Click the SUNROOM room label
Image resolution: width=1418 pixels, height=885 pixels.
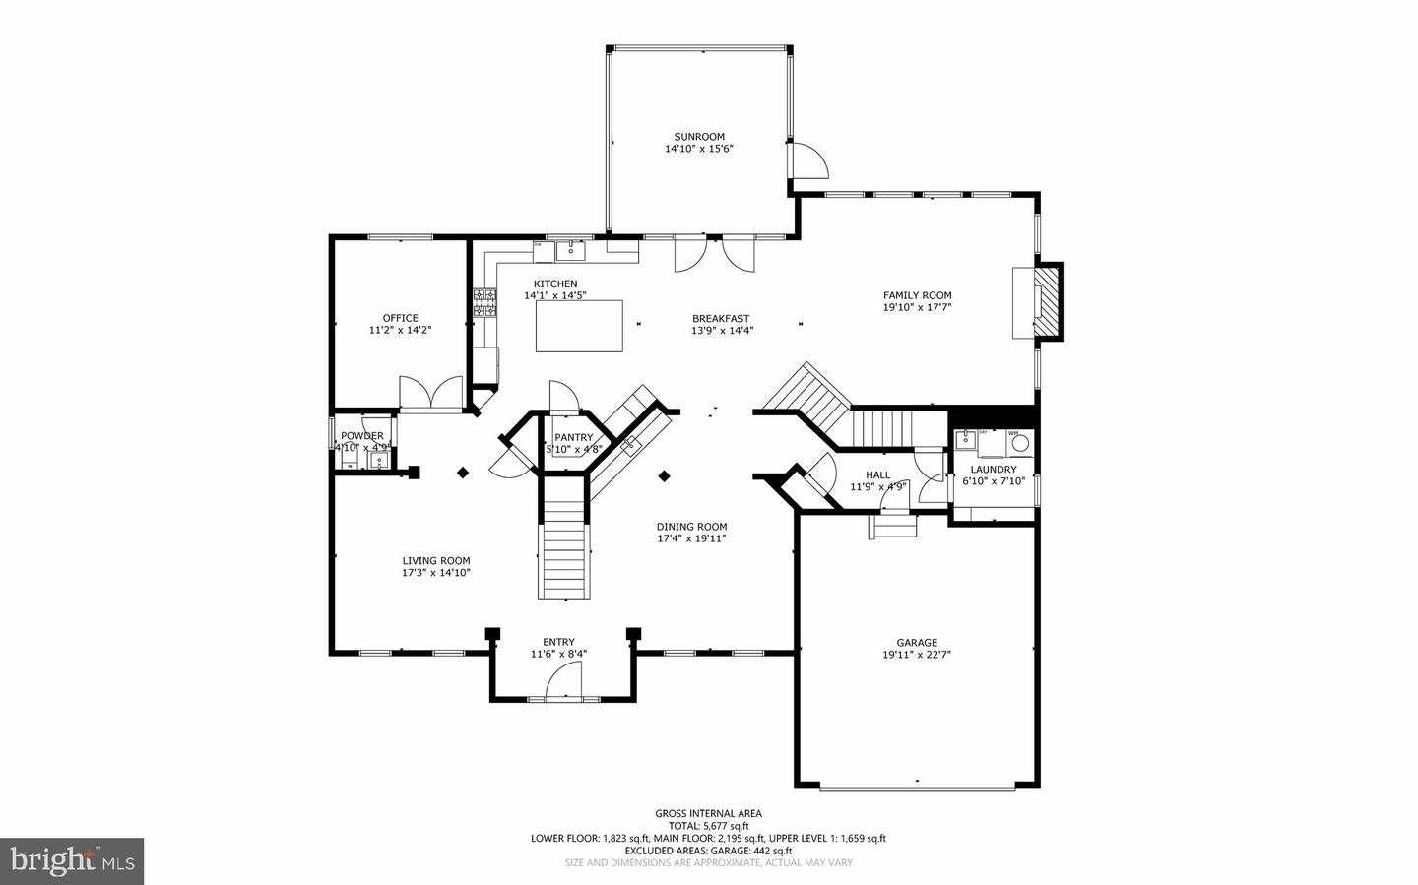point(699,137)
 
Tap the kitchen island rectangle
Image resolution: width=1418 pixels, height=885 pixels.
point(580,326)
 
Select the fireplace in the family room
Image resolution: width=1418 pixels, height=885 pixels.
point(1042,300)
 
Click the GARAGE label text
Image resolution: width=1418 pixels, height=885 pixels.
point(917,643)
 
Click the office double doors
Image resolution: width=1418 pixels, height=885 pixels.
point(431,393)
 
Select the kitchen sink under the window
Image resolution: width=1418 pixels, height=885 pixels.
point(570,251)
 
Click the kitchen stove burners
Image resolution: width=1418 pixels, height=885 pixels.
point(484,302)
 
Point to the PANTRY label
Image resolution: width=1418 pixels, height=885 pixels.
point(574,437)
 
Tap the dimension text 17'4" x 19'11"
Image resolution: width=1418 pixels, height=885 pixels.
point(691,538)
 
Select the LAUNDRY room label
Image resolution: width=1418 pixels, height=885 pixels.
point(994,470)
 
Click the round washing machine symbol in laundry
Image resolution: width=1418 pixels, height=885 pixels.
point(1020,443)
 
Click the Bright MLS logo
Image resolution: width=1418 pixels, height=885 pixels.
point(72,861)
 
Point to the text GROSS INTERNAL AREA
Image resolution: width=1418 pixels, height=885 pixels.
point(708,813)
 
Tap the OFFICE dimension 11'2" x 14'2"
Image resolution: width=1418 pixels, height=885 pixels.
point(401,330)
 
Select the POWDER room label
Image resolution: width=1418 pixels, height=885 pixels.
point(362,436)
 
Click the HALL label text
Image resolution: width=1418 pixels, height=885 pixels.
point(877,474)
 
